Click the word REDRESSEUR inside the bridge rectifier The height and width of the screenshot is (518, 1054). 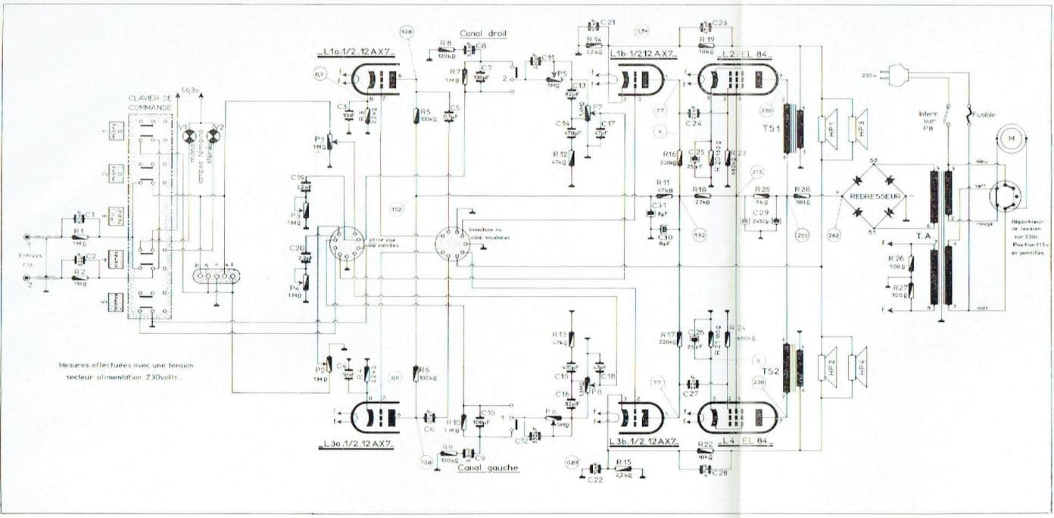[879, 195]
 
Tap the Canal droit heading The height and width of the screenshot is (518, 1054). [483, 33]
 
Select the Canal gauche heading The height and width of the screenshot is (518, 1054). [488, 468]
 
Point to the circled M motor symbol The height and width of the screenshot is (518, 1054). [1007, 138]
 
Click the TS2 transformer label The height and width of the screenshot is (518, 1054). [772, 370]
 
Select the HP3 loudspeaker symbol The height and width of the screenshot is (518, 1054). [856, 125]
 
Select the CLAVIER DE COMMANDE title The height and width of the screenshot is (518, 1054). [152, 105]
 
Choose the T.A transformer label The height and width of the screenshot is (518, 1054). [925, 236]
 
